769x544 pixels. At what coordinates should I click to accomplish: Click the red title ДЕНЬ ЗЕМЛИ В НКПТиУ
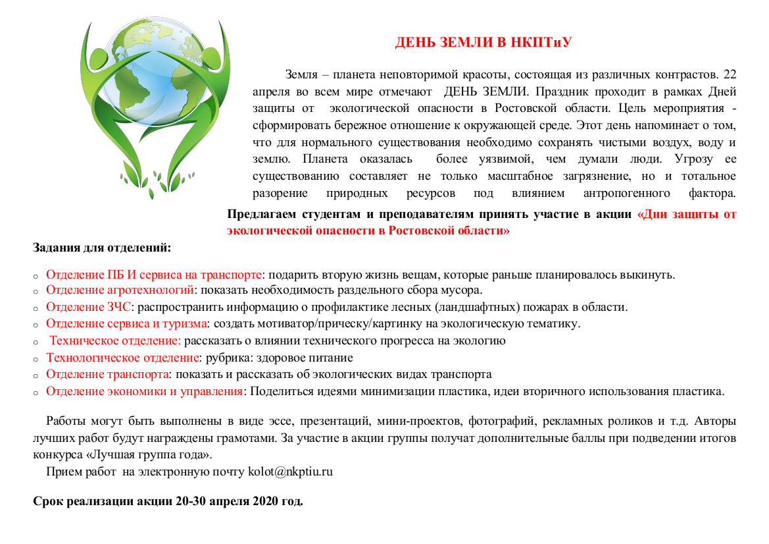(483, 43)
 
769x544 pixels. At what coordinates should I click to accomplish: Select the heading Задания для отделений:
(102, 248)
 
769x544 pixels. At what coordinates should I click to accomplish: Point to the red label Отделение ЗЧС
(89, 307)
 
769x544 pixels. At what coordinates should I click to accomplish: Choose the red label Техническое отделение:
(115, 340)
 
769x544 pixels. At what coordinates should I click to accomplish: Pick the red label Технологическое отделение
(122, 358)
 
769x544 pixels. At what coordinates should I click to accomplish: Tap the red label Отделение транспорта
(105, 375)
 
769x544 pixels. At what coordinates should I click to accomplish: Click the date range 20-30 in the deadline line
(191, 501)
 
